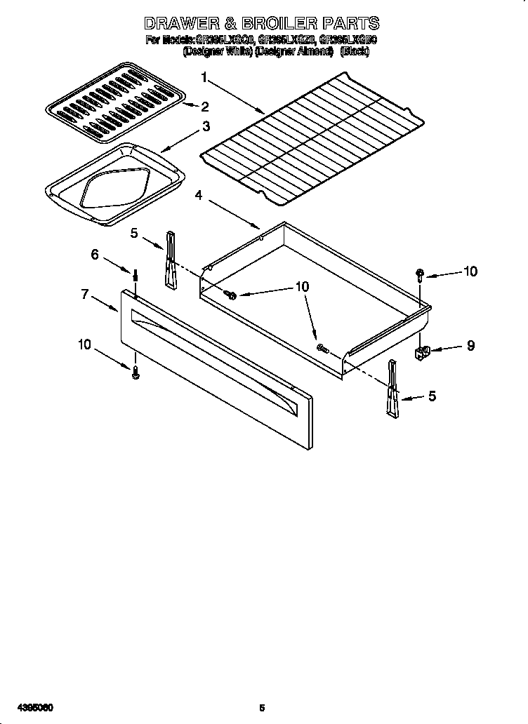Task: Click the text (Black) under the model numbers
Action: point(354,51)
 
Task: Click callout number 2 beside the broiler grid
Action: point(205,107)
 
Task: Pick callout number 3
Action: point(206,126)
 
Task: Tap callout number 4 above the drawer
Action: point(199,196)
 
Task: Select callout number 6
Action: point(95,255)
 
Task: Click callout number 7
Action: point(84,295)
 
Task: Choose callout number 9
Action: point(470,345)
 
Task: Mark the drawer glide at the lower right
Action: point(392,389)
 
